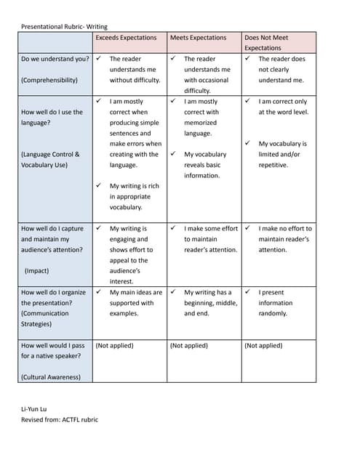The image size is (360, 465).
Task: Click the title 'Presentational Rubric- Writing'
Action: [x=65, y=27]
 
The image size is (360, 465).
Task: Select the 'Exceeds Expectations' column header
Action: [x=126, y=38]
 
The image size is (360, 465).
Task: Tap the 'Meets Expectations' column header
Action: [x=198, y=38]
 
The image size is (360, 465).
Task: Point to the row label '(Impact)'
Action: [x=36, y=271]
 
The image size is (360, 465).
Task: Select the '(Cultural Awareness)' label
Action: [x=51, y=377]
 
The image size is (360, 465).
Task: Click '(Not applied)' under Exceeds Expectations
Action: [x=114, y=346]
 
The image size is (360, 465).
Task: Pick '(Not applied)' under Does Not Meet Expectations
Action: [x=263, y=346]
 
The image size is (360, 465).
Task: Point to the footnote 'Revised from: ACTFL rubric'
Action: [x=60, y=420]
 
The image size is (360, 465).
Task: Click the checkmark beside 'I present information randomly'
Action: [x=248, y=292]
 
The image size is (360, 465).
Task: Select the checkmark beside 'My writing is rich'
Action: [x=100, y=186]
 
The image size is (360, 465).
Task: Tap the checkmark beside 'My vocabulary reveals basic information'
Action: [x=174, y=154]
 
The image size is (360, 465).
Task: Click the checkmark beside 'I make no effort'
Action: [x=248, y=228]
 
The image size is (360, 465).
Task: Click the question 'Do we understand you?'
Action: [x=55, y=59]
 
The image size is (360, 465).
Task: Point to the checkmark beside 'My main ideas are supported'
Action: [x=100, y=292]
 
